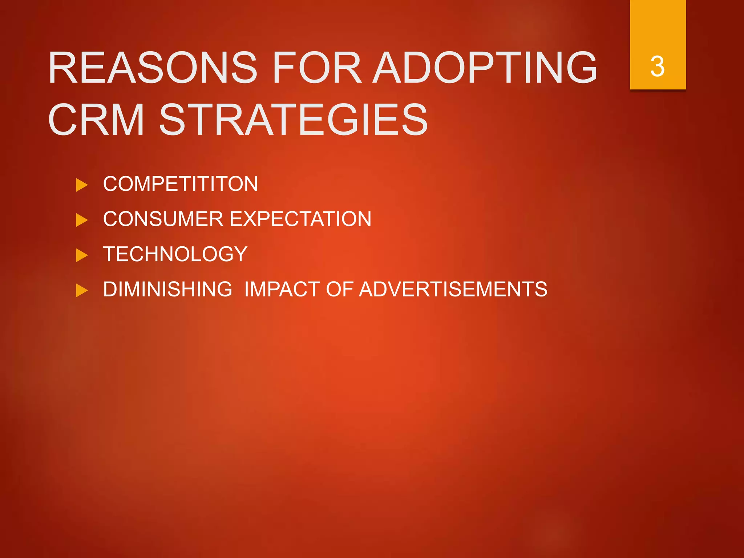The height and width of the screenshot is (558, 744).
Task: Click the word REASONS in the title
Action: [153, 68]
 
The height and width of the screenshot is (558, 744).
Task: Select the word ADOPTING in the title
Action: [485, 68]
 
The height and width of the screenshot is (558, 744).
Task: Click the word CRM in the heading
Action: [96, 120]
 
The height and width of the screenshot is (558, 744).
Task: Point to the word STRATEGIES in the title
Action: [294, 120]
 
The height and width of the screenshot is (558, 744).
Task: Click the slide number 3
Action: [658, 66]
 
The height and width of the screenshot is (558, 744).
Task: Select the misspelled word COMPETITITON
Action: [181, 184]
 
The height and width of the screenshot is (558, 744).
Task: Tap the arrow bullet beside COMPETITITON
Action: [82, 185]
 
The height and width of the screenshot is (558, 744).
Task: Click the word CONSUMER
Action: [163, 219]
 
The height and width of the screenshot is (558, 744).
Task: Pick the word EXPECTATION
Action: [300, 219]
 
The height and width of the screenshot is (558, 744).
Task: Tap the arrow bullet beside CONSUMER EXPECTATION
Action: [82, 220]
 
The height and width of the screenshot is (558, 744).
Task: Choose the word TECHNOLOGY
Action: [175, 254]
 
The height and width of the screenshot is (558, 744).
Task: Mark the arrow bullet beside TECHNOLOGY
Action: [82, 255]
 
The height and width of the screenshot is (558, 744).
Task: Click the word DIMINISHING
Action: [167, 289]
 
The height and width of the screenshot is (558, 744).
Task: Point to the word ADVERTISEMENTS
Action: [453, 289]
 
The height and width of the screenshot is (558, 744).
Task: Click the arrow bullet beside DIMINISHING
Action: [82, 291]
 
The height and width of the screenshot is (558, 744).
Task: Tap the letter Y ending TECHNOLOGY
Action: [240, 254]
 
